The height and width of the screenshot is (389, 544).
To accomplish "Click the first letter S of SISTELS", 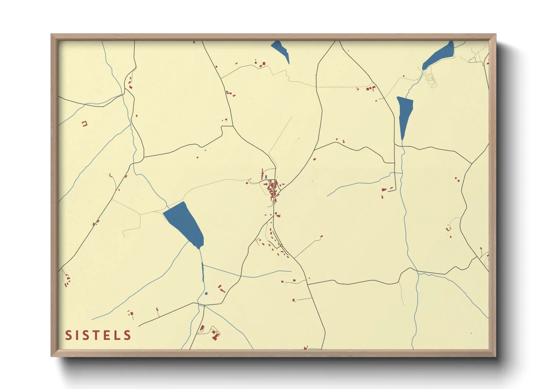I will coord(68,335).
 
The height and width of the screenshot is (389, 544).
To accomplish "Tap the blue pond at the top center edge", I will coord(281,50).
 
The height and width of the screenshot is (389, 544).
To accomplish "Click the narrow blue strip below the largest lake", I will coord(203,272).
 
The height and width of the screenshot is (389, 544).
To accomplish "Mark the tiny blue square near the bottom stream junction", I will coord(206,293).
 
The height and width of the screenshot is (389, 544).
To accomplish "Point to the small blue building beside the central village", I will coord(266,177).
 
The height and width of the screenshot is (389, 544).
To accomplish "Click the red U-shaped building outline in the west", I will coord(85,124).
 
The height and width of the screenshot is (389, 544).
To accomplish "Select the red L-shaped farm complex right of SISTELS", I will coord(215,334).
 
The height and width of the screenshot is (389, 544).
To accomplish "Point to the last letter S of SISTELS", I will coord(128,335).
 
